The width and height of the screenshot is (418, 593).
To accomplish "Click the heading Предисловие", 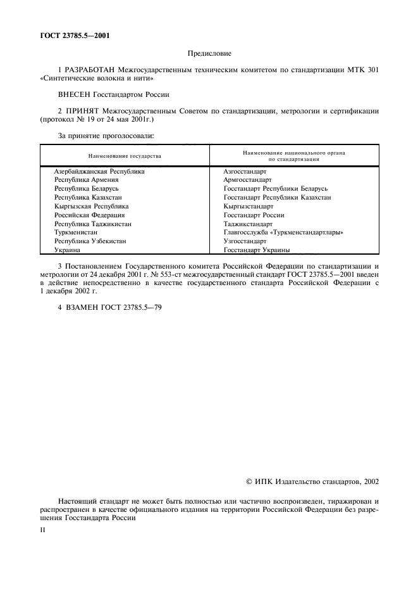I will point(209,54).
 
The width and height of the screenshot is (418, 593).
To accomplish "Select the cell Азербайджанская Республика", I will point(99,171).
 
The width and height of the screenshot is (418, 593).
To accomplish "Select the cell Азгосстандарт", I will point(245,171).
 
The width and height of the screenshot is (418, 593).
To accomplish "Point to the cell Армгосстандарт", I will point(247,180).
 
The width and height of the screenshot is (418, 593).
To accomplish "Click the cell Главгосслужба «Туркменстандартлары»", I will point(283,233).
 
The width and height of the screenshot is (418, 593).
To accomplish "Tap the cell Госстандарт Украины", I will point(257,250).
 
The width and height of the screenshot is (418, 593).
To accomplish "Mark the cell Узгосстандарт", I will point(245,241).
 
